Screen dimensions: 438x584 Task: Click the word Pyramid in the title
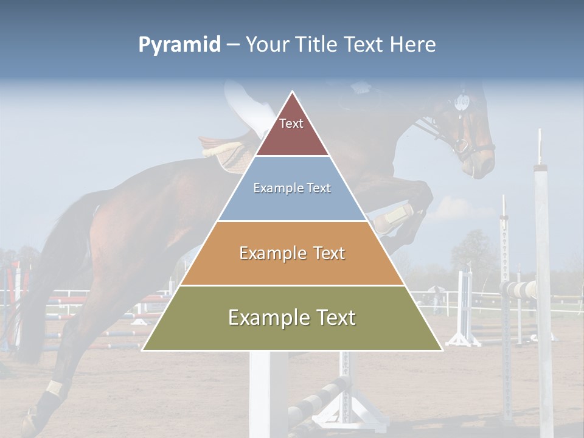pyautogui.click(x=179, y=44)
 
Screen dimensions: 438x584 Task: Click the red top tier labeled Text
pyautogui.click(x=291, y=131)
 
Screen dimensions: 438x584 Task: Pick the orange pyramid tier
pyautogui.click(x=292, y=253)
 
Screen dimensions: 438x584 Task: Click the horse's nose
pyautogui.click(x=484, y=167)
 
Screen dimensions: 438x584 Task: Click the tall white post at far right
pyautogui.click(x=543, y=274)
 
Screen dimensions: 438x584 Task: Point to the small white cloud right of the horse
pyautogui.click(x=459, y=209)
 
